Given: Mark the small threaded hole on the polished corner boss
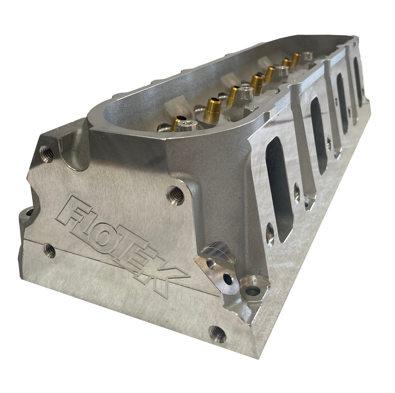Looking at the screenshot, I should (211, 261).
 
